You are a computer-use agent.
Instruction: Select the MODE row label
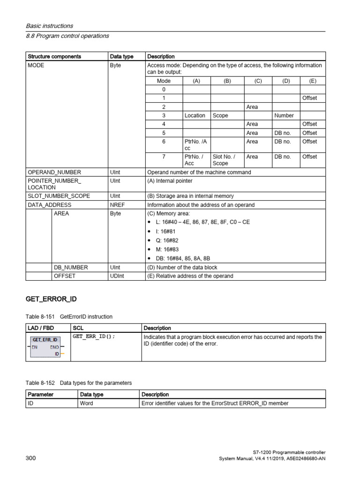36,66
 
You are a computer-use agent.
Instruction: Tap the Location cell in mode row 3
195,115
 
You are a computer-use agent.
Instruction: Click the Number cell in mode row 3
284,115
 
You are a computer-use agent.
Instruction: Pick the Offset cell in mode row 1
309,98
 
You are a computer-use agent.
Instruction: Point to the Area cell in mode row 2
252,107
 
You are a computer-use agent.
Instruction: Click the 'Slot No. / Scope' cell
224,160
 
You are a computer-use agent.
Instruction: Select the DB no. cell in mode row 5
283,133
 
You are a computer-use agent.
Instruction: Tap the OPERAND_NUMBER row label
54,172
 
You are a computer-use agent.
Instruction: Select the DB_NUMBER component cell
71,267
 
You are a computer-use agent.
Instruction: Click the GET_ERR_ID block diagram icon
45,347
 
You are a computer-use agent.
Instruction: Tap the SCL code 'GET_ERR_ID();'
94,337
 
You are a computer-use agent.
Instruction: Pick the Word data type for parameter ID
87,403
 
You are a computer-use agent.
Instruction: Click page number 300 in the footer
30,458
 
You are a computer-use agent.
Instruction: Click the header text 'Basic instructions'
49,26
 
